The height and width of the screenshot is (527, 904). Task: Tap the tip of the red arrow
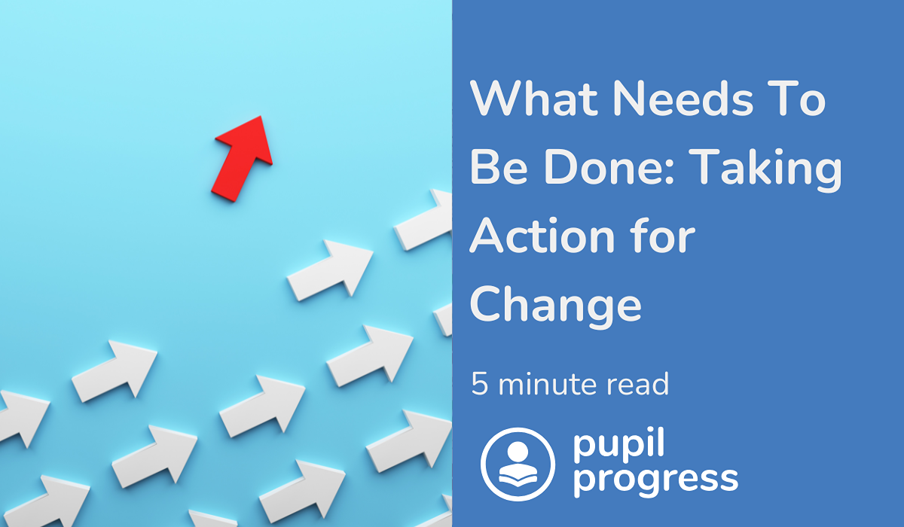261,117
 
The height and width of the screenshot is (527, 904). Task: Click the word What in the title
534,99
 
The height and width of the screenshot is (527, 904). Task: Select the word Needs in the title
683,99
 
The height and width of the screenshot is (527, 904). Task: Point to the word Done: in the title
609,166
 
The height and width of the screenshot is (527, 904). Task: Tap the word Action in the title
542,235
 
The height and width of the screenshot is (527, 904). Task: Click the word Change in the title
556,306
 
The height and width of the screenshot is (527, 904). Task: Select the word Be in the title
499,166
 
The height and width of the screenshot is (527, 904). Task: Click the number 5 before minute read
480,383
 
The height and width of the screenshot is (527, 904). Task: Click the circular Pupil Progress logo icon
518,464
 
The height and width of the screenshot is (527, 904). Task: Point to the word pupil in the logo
618,445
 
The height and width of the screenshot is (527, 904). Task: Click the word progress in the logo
655,480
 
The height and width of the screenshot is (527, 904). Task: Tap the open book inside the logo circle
518,476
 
